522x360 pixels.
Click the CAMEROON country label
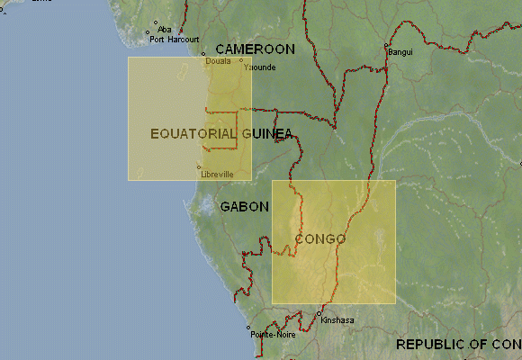click(255, 49)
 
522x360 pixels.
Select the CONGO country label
click(320, 239)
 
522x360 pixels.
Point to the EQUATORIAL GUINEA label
click(221, 134)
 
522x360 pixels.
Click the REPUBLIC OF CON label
click(458, 345)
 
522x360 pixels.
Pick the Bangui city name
click(400, 52)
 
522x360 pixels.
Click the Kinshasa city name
click(337, 320)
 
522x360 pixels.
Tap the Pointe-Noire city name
click(273, 335)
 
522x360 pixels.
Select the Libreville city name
click(218, 174)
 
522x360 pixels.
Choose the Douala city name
click(218, 61)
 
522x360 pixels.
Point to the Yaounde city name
click(260, 67)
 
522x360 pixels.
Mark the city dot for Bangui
click(386, 45)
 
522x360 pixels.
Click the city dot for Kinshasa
click(319, 314)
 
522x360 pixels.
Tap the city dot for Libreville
click(199, 167)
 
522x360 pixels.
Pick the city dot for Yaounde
click(241, 61)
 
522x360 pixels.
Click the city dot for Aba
click(156, 22)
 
